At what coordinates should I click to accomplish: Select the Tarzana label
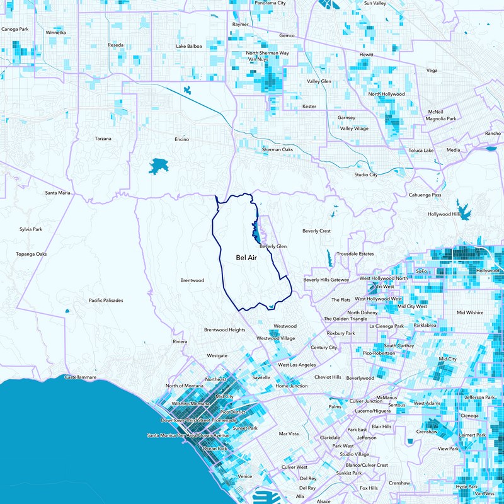103,139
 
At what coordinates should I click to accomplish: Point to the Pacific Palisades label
106,301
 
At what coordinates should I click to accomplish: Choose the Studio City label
365,175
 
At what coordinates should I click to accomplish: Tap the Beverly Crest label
316,231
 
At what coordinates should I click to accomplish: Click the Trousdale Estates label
356,254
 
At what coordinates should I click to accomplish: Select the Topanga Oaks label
31,254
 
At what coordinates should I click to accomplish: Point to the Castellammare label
81,377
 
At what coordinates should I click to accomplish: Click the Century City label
324,348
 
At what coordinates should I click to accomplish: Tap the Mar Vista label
290,433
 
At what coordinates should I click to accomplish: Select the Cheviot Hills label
328,377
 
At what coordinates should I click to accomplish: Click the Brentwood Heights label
224,329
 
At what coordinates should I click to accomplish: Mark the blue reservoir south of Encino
157,166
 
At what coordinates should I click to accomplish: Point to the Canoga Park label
15,29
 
